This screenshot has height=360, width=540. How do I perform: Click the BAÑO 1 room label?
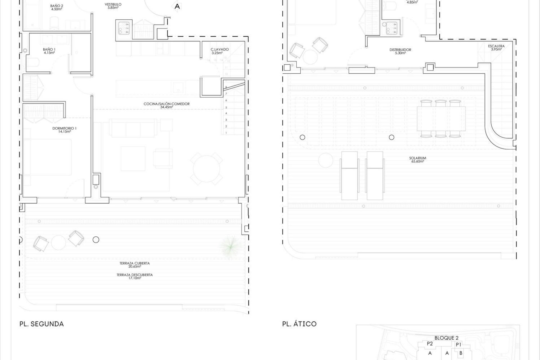coord(49,49)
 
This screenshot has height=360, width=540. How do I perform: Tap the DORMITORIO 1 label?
coord(64,128)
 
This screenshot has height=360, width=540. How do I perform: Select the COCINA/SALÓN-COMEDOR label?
coord(166,104)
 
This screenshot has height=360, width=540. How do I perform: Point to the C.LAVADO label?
coord(220,49)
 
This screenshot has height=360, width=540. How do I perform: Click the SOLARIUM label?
coord(417,158)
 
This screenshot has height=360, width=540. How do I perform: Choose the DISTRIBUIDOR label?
coord(400,50)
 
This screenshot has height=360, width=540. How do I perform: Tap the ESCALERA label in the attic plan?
coord(496,46)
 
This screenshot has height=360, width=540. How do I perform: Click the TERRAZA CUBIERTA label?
coord(134,264)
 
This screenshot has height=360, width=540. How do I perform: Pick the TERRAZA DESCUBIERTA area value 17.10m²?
coord(134,278)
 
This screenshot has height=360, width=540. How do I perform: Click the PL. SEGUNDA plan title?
coord(42,324)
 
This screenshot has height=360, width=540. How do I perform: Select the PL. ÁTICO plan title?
coord(299,324)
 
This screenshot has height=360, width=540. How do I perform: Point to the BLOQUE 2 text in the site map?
coord(446,338)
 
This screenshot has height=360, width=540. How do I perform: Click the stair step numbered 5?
coord(226,107)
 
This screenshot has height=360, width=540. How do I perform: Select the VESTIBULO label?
coord(113,4)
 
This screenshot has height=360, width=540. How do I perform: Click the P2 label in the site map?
coord(429,344)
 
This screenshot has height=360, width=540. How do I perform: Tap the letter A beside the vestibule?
coord(177,6)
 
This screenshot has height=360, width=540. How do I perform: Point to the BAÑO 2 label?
coord(57,6)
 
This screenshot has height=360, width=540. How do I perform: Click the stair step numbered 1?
coord(226,133)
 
